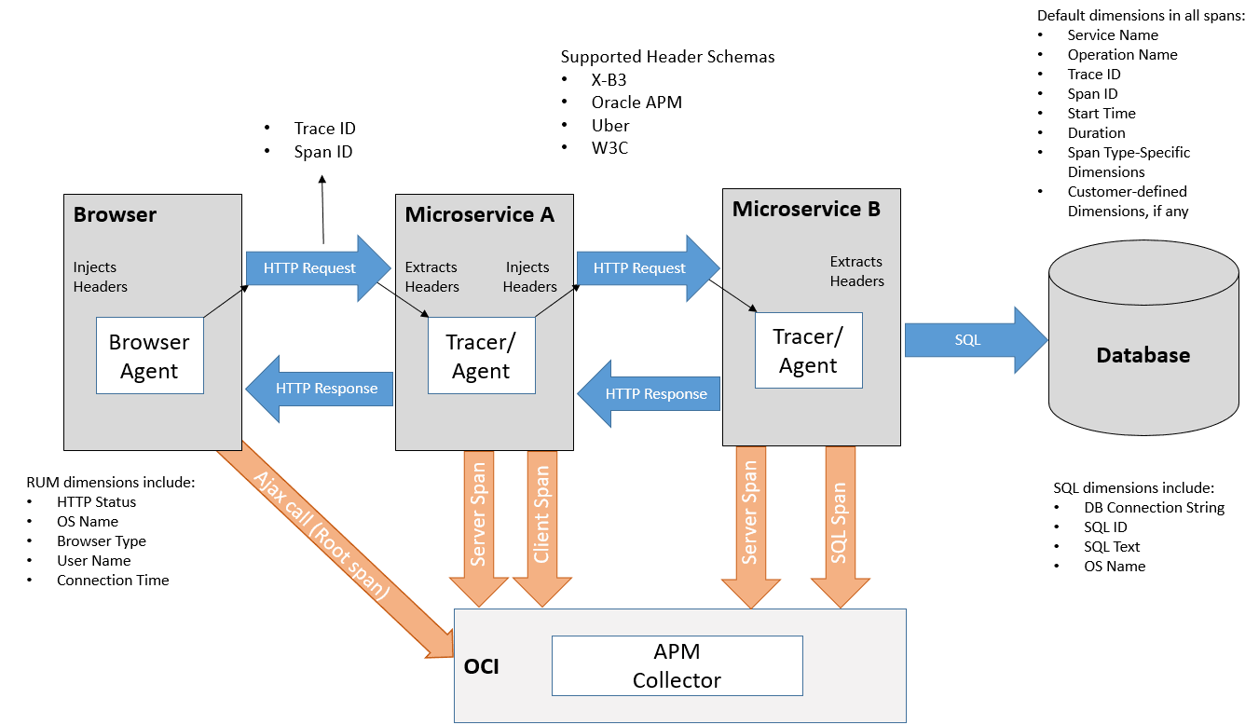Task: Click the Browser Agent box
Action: (149, 355)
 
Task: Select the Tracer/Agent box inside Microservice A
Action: (481, 355)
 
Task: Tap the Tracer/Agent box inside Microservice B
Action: (808, 350)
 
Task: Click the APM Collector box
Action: (677, 665)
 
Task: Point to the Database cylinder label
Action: (1143, 355)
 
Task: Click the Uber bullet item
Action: (610, 125)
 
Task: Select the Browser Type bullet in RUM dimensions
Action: (101, 540)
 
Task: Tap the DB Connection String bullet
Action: (1154, 508)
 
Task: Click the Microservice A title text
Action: (479, 215)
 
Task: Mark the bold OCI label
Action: (482, 667)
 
